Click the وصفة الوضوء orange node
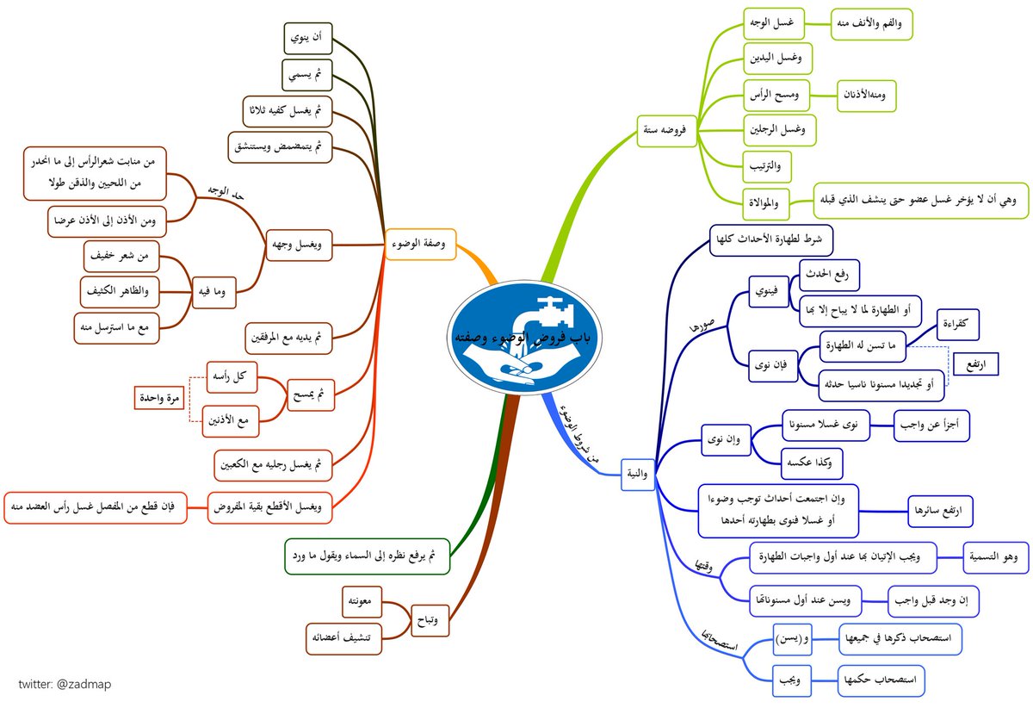click(x=422, y=243)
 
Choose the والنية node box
click(x=639, y=472)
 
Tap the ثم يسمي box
click(x=307, y=76)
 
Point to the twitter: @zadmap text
click(x=65, y=683)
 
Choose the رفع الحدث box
click(x=830, y=276)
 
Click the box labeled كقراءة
click(x=955, y=323)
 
